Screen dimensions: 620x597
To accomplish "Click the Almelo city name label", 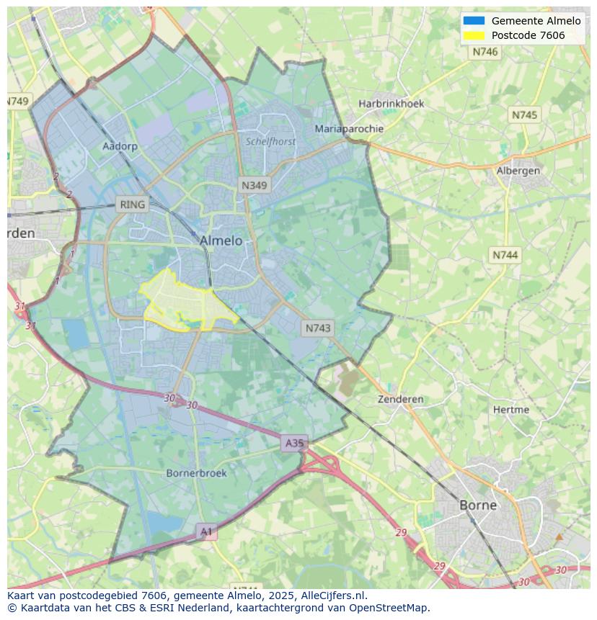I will click(x=221, y=241).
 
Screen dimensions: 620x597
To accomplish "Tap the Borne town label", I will click(x=478, y=505).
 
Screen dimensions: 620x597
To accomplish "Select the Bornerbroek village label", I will click(x=196, y=473).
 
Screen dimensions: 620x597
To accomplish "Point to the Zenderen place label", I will click(x=401, y=399).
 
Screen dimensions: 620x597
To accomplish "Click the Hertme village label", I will click(x=510, y=409).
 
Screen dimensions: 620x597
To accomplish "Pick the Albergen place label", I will click(x=518, y=171).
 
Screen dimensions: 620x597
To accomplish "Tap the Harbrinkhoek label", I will click(x=392, y=104).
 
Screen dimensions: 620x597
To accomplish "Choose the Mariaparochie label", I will click(x=349, y=129).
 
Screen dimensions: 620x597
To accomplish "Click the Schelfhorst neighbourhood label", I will click(x=270, y=142).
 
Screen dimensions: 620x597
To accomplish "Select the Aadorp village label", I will click(x=120, y=145).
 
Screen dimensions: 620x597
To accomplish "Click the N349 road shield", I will click(x=254, y=185).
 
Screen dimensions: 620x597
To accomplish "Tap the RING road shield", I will click(x=132, y=205).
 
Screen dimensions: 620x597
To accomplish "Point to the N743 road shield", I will click(x=318, y=328).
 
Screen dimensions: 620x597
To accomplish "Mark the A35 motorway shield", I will click(x=294, y=443).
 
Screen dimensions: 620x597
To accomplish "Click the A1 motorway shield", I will click(x=207, y=532).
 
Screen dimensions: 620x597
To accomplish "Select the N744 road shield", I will click(x=505, y=255).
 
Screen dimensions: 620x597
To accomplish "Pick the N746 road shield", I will click(x=485, y=52).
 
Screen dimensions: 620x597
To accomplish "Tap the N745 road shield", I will click(x=524, y=115).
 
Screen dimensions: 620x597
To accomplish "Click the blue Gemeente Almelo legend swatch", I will click(x=474, y=21).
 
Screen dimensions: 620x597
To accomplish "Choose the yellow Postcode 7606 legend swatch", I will click(x=474, y=35).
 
